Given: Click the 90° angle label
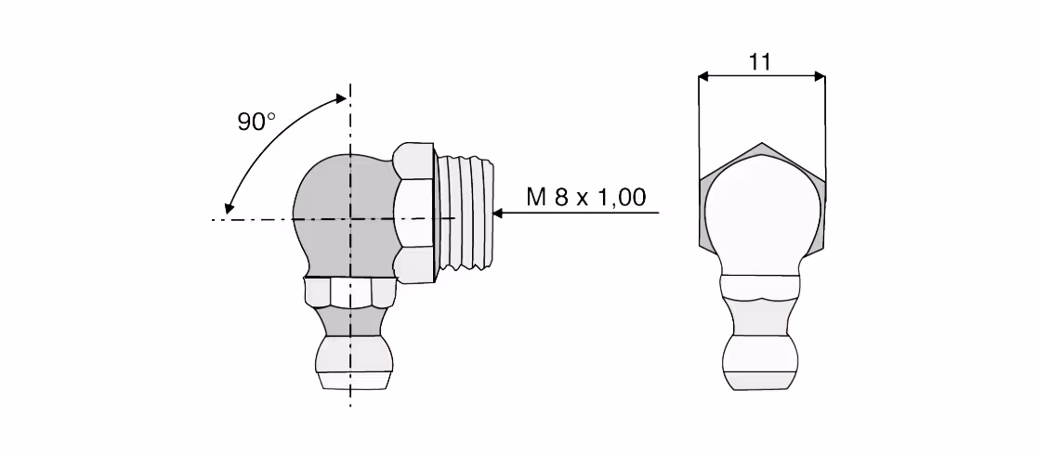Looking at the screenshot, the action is pos(256,122).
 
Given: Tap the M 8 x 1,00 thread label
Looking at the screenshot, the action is pos(586,197).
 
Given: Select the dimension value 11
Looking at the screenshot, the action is pos(760,61).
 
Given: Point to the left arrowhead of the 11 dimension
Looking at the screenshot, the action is pos(704,77).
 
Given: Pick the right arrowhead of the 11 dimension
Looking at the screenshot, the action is pos(820,77).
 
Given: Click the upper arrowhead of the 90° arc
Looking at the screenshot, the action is pos(341,98).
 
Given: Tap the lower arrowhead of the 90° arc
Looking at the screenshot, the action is pos(229,208).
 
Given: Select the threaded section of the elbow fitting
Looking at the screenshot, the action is pos(466,212).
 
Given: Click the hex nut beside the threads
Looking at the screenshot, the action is pos(414,212).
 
